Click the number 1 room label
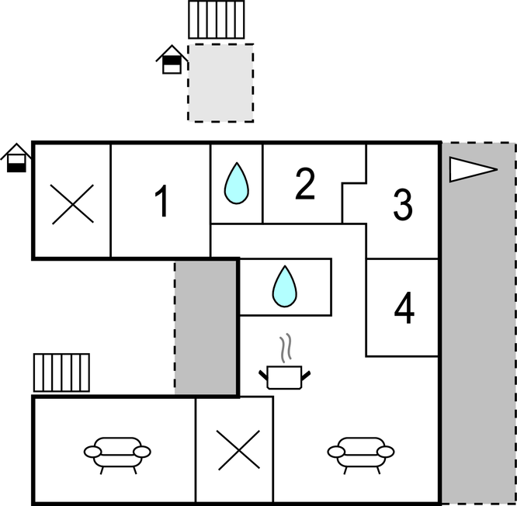161,202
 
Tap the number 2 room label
305,184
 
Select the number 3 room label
402,204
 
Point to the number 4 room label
404,309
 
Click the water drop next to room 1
236,184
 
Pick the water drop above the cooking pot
284,286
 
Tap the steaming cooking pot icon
284,376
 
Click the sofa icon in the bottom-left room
117,453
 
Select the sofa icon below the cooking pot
360,453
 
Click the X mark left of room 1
72,204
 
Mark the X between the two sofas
238,450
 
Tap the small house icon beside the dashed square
172,61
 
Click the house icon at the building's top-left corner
16,158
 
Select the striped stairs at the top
217,19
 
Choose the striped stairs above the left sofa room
61,373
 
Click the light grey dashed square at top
220,82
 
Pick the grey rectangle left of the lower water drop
206,326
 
